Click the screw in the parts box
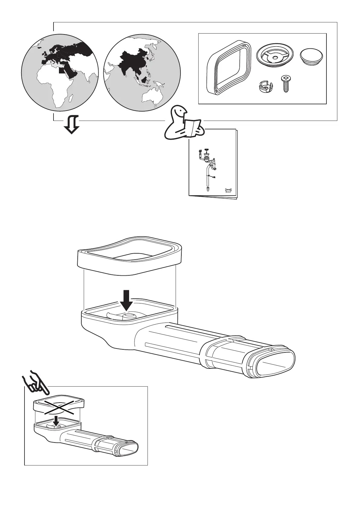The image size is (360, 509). [285, 84]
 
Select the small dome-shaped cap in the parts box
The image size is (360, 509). [311, 57]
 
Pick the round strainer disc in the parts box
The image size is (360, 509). [274, 56]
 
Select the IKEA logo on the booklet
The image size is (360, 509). [228, 190]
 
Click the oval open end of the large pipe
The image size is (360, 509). [276, 364]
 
